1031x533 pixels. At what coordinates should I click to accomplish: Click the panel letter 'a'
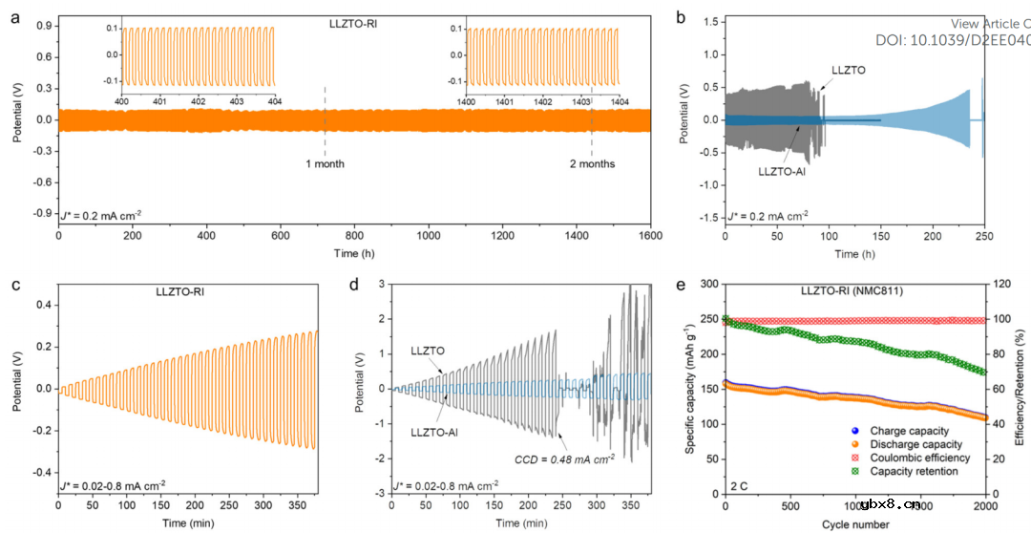coord(16,16)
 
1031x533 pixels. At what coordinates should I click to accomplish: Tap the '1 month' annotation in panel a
coord(325,164)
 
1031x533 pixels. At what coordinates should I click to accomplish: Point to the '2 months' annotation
coord(592,164)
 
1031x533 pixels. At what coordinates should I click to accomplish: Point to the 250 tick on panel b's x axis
coord(982,235)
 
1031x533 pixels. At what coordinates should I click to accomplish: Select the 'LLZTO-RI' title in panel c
coord(181,292)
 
